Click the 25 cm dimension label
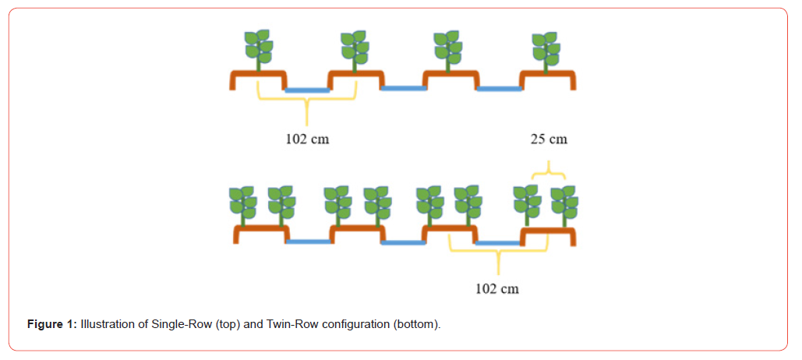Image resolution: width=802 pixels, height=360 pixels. (549, 139)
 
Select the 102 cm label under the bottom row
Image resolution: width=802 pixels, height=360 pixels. (497, 288)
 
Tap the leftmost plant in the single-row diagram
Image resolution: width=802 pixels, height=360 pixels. (258, 49)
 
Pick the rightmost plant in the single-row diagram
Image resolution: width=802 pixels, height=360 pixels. (546, 49)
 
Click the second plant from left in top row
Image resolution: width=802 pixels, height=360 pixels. (355, 49)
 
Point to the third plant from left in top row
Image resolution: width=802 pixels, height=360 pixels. (450, 49)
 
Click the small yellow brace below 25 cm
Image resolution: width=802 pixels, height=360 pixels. (549, 169)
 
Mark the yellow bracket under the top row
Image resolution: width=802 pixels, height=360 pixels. (307, 101)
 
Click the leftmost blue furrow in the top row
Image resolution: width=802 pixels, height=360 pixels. (307, 90)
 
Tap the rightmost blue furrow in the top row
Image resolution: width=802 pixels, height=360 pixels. (499, 88)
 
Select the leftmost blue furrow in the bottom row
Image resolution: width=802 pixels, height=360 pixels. (309, 242)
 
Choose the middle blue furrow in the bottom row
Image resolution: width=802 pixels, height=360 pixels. (403, 242)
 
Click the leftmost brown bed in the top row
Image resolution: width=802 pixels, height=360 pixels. (258, 76)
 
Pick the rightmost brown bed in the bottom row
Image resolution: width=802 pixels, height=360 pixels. (549, 233)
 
